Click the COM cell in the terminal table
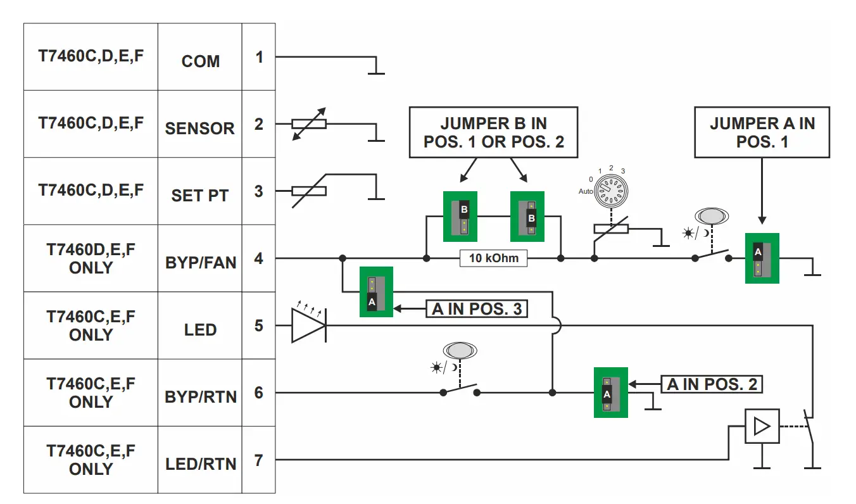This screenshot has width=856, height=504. [x=200, y=61]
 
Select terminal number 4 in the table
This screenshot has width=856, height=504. [x=258, y=258]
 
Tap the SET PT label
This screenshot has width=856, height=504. [x=200, y=196]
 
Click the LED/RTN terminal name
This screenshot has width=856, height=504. [x=200, y=464]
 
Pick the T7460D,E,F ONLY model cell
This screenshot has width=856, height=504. [x=91, y=258]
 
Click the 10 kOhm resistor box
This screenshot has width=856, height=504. [x=493, y=258]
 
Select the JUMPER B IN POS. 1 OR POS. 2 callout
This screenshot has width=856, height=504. [x=493, y=132]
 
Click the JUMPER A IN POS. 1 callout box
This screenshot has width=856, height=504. [x=762, y=132]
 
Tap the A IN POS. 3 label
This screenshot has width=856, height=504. [x=477, y=309]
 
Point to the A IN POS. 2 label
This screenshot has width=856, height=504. [x=712, y=384]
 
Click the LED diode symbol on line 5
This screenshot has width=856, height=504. [x=308, y=325]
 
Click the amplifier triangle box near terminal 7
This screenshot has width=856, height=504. [x=762, y=426]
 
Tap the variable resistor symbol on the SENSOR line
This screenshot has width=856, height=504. [x=308, y=124]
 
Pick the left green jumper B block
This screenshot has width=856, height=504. [x=460, y=217]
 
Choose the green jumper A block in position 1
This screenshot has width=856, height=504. [x=762, y=258]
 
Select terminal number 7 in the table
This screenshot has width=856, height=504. [x=258, y=460]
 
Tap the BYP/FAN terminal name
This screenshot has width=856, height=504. [x=200, y=263]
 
